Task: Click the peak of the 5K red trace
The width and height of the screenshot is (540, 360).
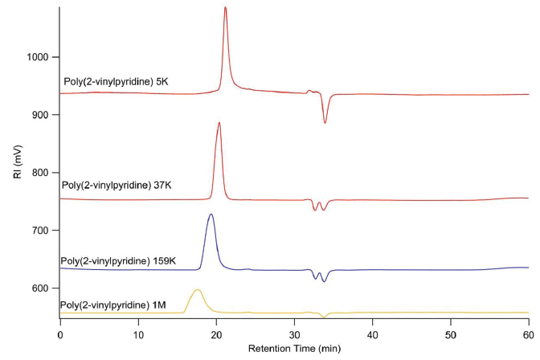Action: pos(225,8)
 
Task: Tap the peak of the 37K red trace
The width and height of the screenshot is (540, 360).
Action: pos(219,123)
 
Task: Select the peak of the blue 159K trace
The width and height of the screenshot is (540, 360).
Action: pos(211,215)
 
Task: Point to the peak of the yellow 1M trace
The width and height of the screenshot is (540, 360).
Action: pos(197,289)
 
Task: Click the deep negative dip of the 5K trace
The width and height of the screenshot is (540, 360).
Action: pos(325,122)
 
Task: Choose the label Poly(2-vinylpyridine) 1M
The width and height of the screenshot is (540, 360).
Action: pos(115,305)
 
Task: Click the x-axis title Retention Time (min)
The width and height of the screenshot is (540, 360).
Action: pos(295,349)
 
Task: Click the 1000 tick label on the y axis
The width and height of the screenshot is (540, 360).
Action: pos(39,57)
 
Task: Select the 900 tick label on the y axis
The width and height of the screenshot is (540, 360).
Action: pos(41,115)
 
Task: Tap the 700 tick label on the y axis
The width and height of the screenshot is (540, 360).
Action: pos(41,231)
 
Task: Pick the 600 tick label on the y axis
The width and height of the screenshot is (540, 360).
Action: pos(41,288)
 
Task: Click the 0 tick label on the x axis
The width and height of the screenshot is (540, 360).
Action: pos(60,333)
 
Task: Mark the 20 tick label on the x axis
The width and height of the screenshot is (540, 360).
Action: pos(217,333)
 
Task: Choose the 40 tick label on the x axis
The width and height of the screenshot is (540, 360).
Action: pos(373,333)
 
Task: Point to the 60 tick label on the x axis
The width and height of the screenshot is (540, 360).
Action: pos(527,333)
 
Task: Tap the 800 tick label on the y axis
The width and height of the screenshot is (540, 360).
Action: pos(41,173)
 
